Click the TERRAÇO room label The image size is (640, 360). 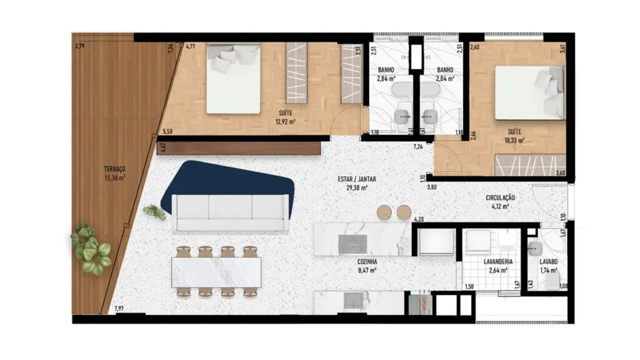click(115, 169)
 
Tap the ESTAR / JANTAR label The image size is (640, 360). click(355, 179)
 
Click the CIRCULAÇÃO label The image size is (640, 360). click(500, 197)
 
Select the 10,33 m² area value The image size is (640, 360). click(514, 141)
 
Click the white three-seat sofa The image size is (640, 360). click(230, 213)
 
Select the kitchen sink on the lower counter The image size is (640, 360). click(353, 301)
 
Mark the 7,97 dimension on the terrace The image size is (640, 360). click(120, 308)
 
